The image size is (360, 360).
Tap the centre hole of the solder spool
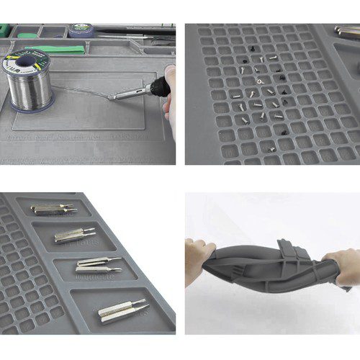tap(26, 63)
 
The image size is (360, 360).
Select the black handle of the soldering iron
tap(157, 88)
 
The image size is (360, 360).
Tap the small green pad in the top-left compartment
tap(28, 34)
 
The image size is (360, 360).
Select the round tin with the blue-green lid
tap(81, 30)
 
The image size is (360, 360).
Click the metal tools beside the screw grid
tap(348, 31)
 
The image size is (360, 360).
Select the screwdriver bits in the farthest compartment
tap(54, 209)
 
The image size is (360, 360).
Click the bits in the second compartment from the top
tap(74, 235)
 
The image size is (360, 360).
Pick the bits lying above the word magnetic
tap(99, 264)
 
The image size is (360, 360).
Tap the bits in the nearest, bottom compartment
tap(122, 310)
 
